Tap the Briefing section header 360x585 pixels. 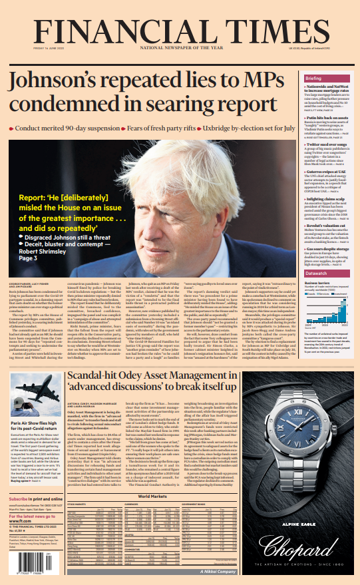[x=313, y=79]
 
